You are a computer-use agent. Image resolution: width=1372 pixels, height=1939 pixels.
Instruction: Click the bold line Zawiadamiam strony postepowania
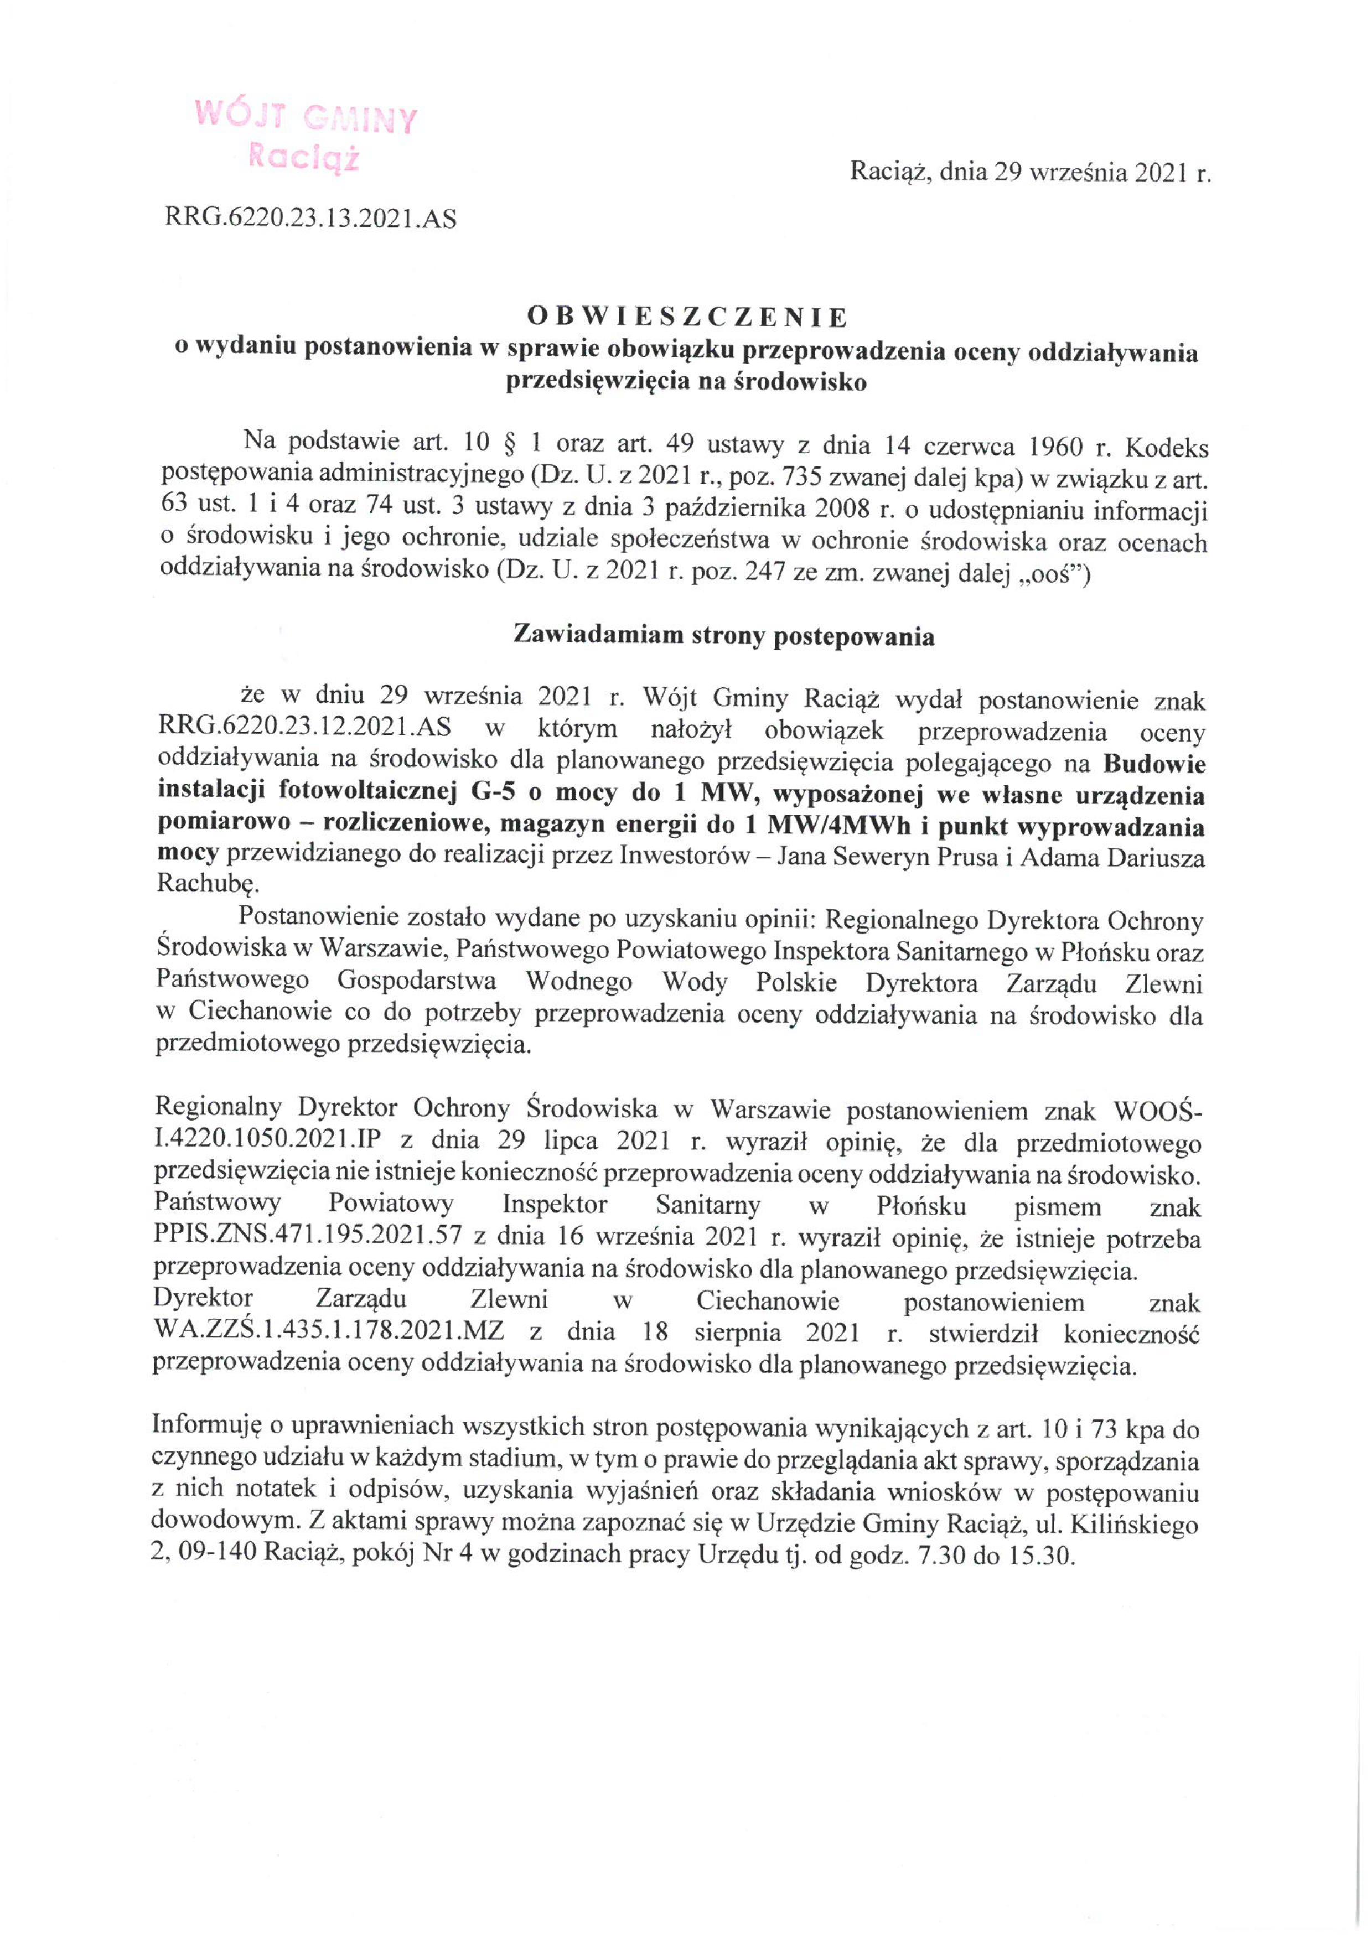(724, 637)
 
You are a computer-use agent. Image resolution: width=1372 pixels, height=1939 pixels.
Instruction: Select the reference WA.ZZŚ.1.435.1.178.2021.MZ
(329, 1333)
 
